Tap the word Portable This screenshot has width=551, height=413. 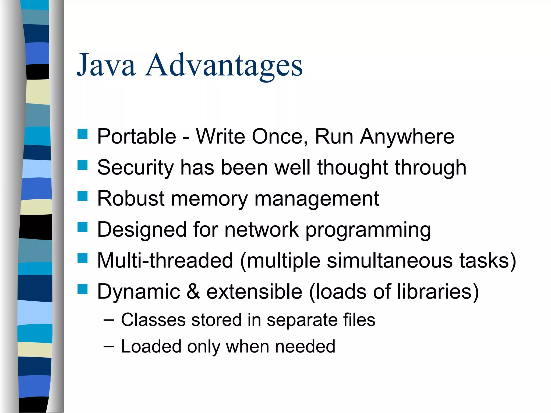[x=136, y=137]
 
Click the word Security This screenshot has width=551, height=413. [x=135, y=168]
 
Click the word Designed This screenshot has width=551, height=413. [x=142, y=230]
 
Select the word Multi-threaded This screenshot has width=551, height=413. [x=165, y=261]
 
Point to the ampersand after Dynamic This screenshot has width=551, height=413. [x=193, y=291]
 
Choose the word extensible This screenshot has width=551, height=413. [x=254, y=291]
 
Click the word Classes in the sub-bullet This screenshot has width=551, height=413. [x=153, y=320]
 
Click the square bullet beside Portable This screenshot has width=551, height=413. [x=83, y=134]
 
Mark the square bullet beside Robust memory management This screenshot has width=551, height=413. [x=83, y=196]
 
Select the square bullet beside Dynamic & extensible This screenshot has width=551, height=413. [x=83, y=289]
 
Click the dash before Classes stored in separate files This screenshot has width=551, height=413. [x=108, y=321]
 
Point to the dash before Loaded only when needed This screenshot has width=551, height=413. [x=108, y=347]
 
